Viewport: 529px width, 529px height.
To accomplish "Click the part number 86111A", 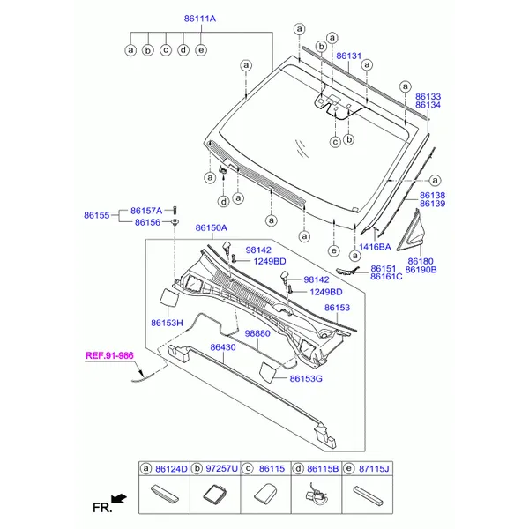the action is click(200, 19).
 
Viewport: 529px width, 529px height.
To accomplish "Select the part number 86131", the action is click(348, 56).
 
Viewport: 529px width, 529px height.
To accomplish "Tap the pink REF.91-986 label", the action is click(109, 355).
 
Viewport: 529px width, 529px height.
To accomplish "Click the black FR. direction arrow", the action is click(119, 498).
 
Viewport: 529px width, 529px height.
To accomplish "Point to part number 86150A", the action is click(212, 228).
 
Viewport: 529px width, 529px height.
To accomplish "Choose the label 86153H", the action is click(167, 323).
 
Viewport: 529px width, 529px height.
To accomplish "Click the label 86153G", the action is click(306, 378).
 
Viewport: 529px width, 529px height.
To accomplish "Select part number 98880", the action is click(257, 333).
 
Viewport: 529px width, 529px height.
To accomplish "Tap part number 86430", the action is click(223, 347).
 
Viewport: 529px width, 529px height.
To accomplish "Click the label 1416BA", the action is click(375, 247).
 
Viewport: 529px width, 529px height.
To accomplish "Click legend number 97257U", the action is click(221, 469).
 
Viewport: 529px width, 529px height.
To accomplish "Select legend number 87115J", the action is click(374, 469).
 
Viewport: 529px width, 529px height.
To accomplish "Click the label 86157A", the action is click(146, 211).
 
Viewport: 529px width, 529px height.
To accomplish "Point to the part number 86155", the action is click(96, 215).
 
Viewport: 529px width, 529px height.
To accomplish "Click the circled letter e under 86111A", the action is click(201, 50).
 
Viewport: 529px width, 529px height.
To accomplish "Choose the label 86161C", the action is click(386, 277).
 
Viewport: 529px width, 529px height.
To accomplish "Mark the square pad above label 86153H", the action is click(168, 297).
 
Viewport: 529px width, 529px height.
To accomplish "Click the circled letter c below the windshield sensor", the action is click(335, 142).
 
